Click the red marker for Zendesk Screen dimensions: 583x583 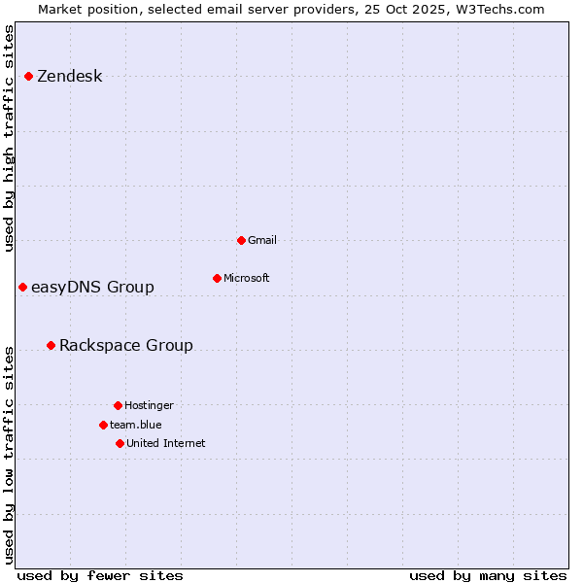pyautogui.click(x=29, y=76)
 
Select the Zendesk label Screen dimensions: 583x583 pyautogui.click(x=69, y=77)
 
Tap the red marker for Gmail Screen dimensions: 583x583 pyautogui.click(x=241, y=240)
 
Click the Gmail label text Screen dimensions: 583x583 pyautogui.click(x=262, y=240)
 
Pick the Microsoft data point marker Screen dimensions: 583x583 pyautogui.click(x=217, y=278)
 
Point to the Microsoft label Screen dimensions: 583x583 pyautogui.click(x=247, y=278)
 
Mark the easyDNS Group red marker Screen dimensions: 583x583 pyautogui.click(x=22, y=287)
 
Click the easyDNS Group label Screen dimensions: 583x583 pyautogui.click(x=92, y=287)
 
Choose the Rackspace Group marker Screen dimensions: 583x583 pyautogui.click(x=51, y=345)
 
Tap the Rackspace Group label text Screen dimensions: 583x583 pyautogui.click(x=125, y=345)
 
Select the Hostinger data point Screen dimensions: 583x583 pyautogui.click(x=118, y=405)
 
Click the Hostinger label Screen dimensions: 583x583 pyautogui.click(x=149, y=405)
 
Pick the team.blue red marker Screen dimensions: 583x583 pyautogui.click(x=103, y=425)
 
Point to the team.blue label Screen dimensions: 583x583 pyautogui.click(x=135, y=425)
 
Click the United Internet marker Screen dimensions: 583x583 pyautogui.click(x=120, y=443)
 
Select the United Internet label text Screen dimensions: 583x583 pyautogui.click(x=165, y=443)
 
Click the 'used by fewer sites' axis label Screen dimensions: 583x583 pyautogui.click(x=100, y=575)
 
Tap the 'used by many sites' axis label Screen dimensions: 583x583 pyautogui.click(x=488, y=575)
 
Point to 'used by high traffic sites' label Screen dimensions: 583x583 pyautogui.click(x=10, y=138)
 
